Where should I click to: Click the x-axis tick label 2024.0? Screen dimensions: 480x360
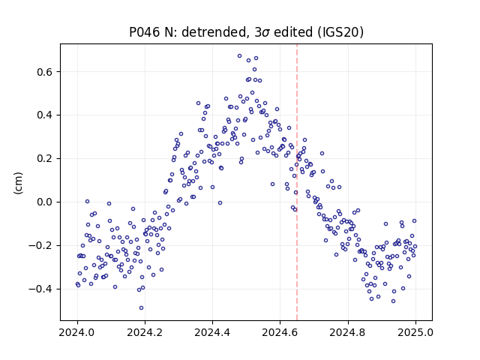point(77,332)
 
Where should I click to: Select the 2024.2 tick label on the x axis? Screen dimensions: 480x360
point(145,332)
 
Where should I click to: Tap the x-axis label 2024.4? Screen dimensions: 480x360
point(212,332)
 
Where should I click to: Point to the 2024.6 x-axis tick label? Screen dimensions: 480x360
point(280,332)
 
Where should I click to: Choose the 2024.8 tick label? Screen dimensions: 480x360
point(348,332)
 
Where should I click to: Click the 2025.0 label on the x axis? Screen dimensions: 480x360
point(415,332)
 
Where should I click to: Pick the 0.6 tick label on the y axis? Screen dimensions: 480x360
point(44,72)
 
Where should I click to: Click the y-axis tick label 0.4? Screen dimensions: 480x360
point(44,115)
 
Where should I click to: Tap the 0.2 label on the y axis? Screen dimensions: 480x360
point(44,159)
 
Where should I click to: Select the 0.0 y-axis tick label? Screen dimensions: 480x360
point(44,202)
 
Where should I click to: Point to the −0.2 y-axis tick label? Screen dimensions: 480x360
point(40,246)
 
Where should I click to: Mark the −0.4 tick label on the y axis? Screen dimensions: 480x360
point(40,289)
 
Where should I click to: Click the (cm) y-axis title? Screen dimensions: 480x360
point(18,183)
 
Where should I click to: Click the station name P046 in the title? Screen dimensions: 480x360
point(144,32)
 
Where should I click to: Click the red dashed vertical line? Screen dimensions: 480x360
point(297,182)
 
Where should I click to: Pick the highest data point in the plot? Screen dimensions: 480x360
point(240,56)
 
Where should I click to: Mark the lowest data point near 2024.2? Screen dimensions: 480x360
point(141,308)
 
